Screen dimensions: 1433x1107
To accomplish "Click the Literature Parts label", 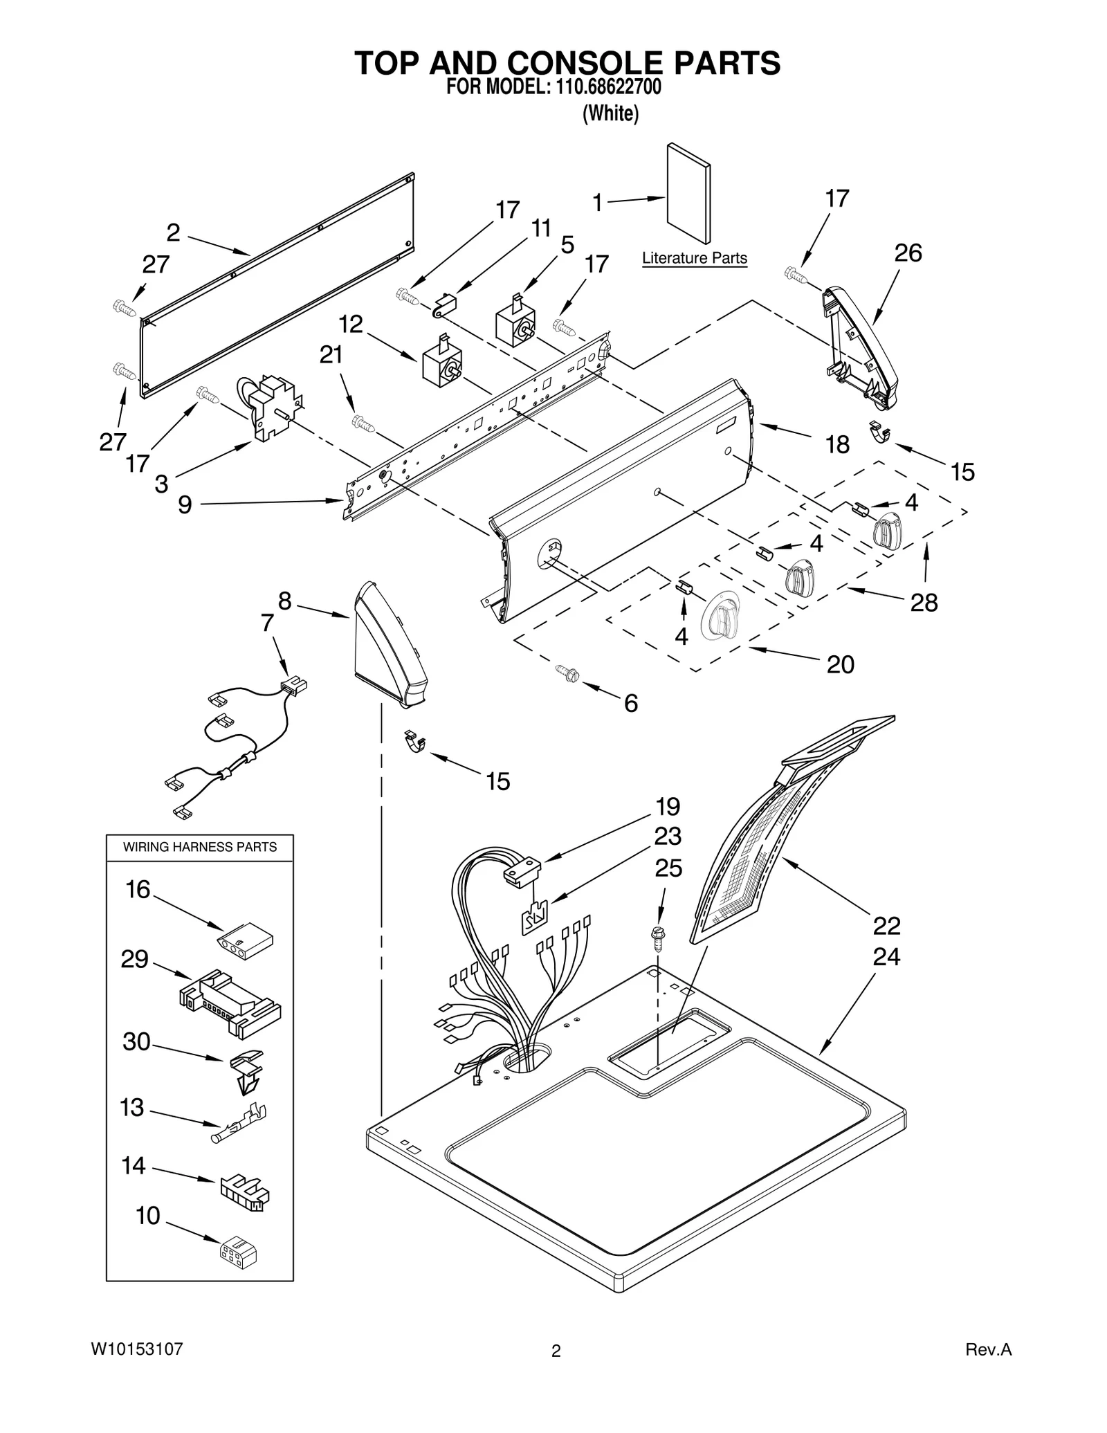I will [x=694, y=258].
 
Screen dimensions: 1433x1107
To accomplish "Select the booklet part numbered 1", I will [x=688, y=194].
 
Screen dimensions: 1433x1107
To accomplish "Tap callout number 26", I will [x=908, y=253].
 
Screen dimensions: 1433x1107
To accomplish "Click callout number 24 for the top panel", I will [x=886, y=957].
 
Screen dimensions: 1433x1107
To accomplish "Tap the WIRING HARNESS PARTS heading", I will [x=199, y=847].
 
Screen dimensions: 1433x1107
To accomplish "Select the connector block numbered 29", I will [x=230, y=1004].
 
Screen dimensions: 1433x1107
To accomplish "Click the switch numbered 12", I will [x=441, y=362].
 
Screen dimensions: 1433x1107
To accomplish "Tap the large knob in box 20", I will [x=720, y=614].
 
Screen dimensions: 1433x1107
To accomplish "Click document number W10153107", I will [x=137, y=1349].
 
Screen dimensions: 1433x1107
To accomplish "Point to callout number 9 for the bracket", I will [x=185, y=504].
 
